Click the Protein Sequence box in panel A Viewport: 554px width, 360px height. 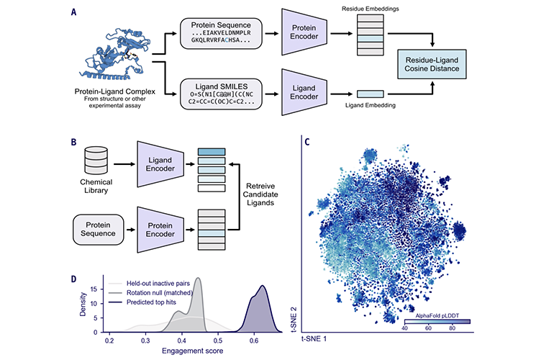(221, 33)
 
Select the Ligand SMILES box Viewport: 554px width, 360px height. (221, 94)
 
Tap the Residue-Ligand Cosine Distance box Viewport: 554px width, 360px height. (432, 64)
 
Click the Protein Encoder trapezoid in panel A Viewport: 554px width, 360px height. (304, 32)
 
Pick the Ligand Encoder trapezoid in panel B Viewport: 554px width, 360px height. (160, 164)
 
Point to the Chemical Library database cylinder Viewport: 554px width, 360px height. (96, 160)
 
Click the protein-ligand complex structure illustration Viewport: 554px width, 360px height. (116, 55)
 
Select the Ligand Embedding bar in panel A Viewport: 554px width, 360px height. (371, 94)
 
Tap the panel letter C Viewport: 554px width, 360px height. (307, 142)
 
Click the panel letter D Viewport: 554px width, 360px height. (73, 279)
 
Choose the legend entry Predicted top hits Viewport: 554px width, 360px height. (151, 302)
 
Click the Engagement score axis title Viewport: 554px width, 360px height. (193, 351)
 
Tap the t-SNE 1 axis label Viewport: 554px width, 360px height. (314, 339)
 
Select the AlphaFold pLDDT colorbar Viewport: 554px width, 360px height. (437, 321)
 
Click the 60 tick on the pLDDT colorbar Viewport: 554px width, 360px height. (428, 328)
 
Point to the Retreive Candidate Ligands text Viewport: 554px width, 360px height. (260, 194)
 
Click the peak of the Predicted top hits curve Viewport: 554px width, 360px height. (262, 285)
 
